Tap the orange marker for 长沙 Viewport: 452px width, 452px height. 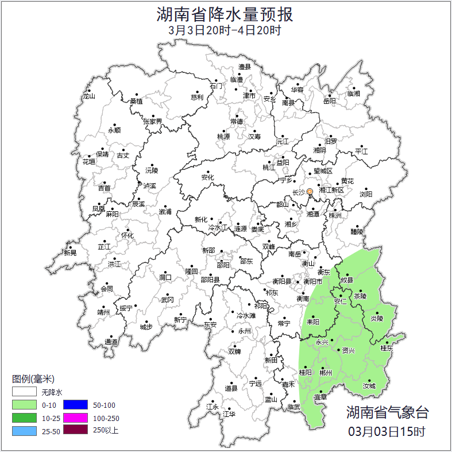point(310,191)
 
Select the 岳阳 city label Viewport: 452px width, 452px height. point(330,101)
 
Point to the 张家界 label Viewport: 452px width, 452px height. point(152,121)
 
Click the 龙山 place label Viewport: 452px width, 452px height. point(89,96)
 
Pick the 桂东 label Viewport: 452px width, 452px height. point(387,348)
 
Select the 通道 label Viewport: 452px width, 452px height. point(111,342)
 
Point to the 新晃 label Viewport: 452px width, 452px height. point(70,252)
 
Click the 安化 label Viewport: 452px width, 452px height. point(207,177)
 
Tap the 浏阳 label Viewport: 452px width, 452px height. point(366,194)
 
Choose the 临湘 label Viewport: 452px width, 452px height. point(354,93)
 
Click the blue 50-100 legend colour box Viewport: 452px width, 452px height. point(75,405)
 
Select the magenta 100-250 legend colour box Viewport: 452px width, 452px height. point(75,418)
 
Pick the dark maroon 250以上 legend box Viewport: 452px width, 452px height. point(75,430)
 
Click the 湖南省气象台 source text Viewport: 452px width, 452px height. point(387,412)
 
